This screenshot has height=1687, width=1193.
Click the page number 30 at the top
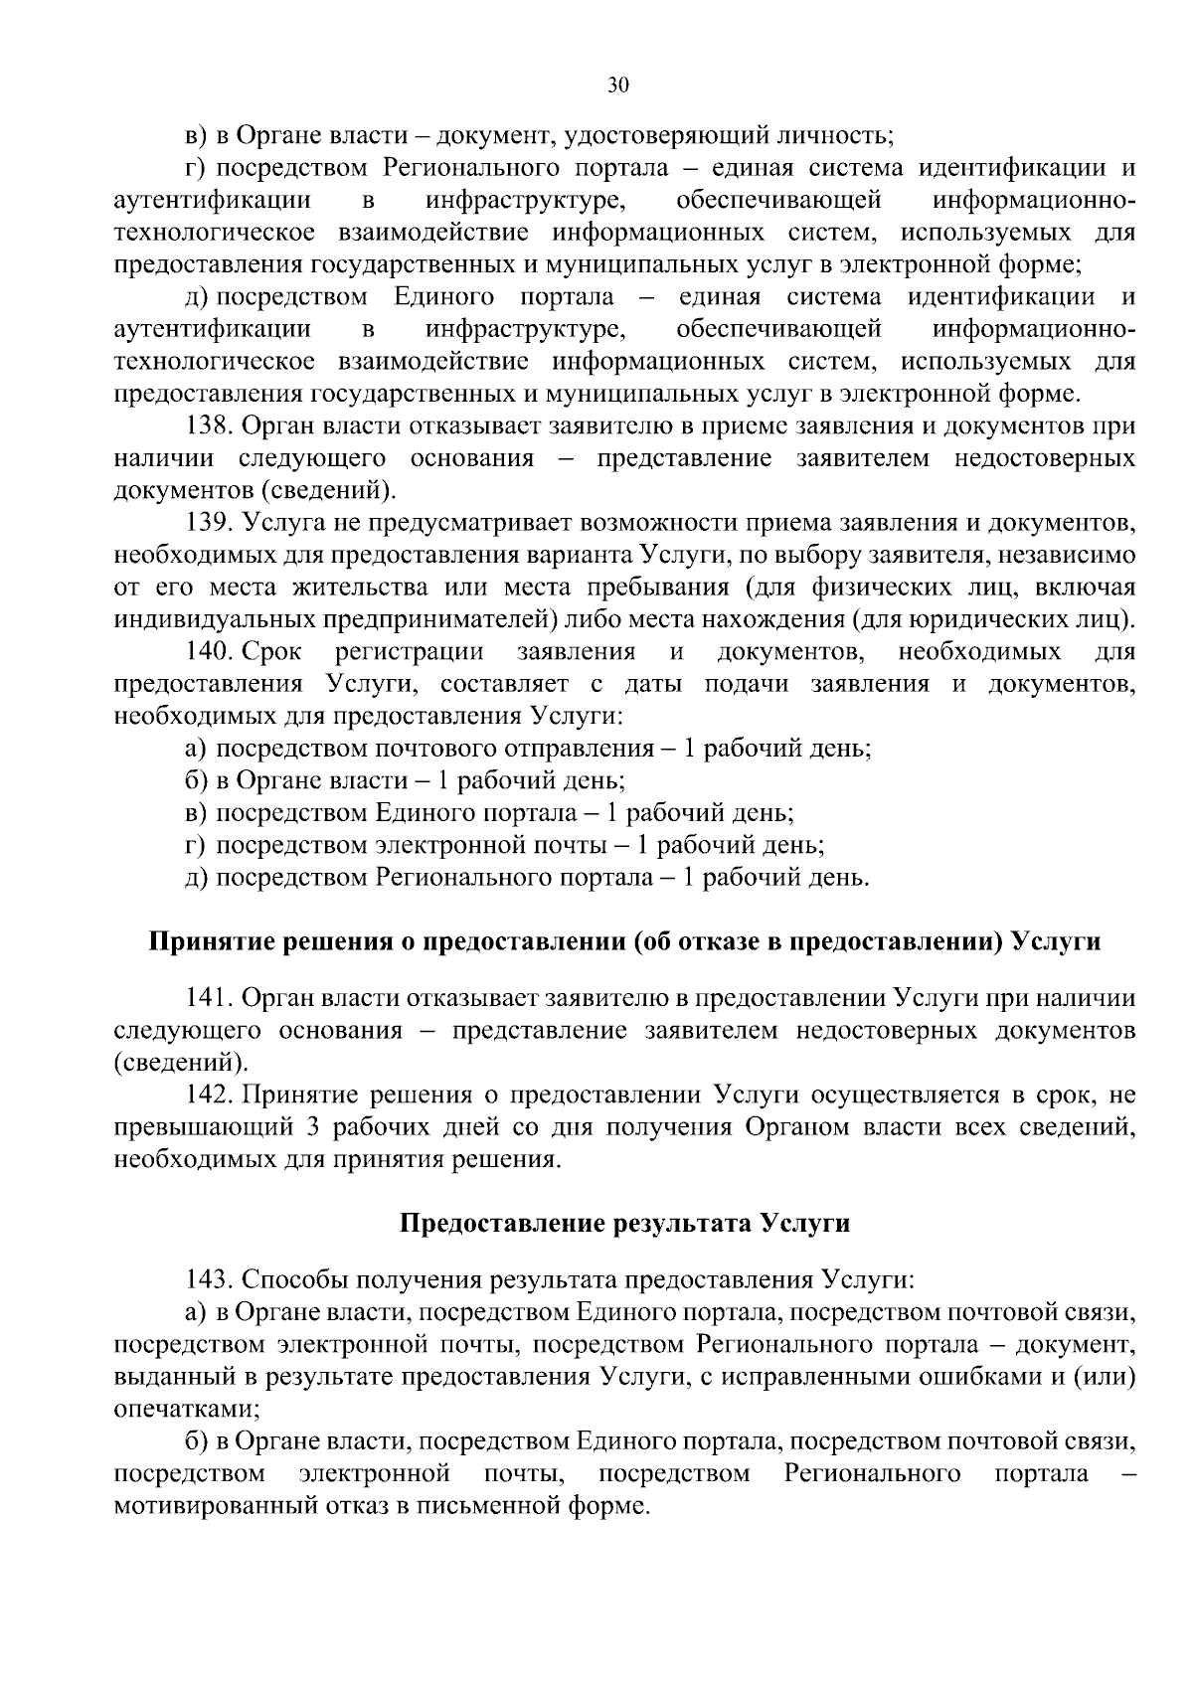(x=617, y=86)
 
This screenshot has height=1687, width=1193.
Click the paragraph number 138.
(x=210, y=426)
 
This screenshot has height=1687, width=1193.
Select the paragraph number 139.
(x=210, y=523)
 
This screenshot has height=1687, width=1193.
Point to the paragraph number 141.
(x=209, y=998)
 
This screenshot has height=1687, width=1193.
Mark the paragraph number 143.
(x=210, y=1278)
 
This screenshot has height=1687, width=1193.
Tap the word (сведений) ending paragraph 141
(x=179, y=1063)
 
